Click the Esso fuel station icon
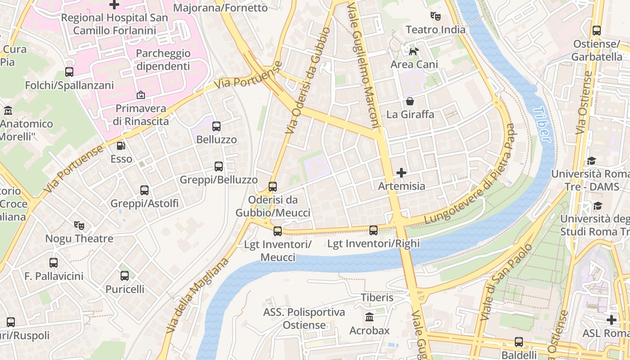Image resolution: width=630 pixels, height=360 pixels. [121, 146]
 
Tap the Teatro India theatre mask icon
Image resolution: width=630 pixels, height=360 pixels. [435, 16]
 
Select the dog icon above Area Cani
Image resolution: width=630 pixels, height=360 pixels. [414, 51]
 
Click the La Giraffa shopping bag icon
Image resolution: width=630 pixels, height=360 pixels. [410, 101]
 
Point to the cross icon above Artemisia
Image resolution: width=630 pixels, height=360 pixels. [401, 172]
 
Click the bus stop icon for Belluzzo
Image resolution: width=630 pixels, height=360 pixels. [216, 126]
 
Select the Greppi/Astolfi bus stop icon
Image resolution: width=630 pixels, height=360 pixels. [144, 190]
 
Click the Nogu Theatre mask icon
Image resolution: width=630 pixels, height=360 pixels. [79, 225]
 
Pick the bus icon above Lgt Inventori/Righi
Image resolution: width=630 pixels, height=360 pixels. [373, 230]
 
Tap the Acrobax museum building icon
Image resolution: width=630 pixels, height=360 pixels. [369, 317]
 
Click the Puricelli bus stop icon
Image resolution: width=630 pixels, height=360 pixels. [125, 275]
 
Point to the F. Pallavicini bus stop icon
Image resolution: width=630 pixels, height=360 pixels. [54, 262]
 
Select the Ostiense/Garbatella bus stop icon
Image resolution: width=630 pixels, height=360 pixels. [597, 31]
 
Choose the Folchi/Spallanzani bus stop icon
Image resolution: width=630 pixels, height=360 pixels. [69, 72]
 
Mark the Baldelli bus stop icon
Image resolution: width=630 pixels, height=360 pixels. [519, 342]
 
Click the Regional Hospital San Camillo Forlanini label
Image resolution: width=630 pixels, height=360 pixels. [114, 24]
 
